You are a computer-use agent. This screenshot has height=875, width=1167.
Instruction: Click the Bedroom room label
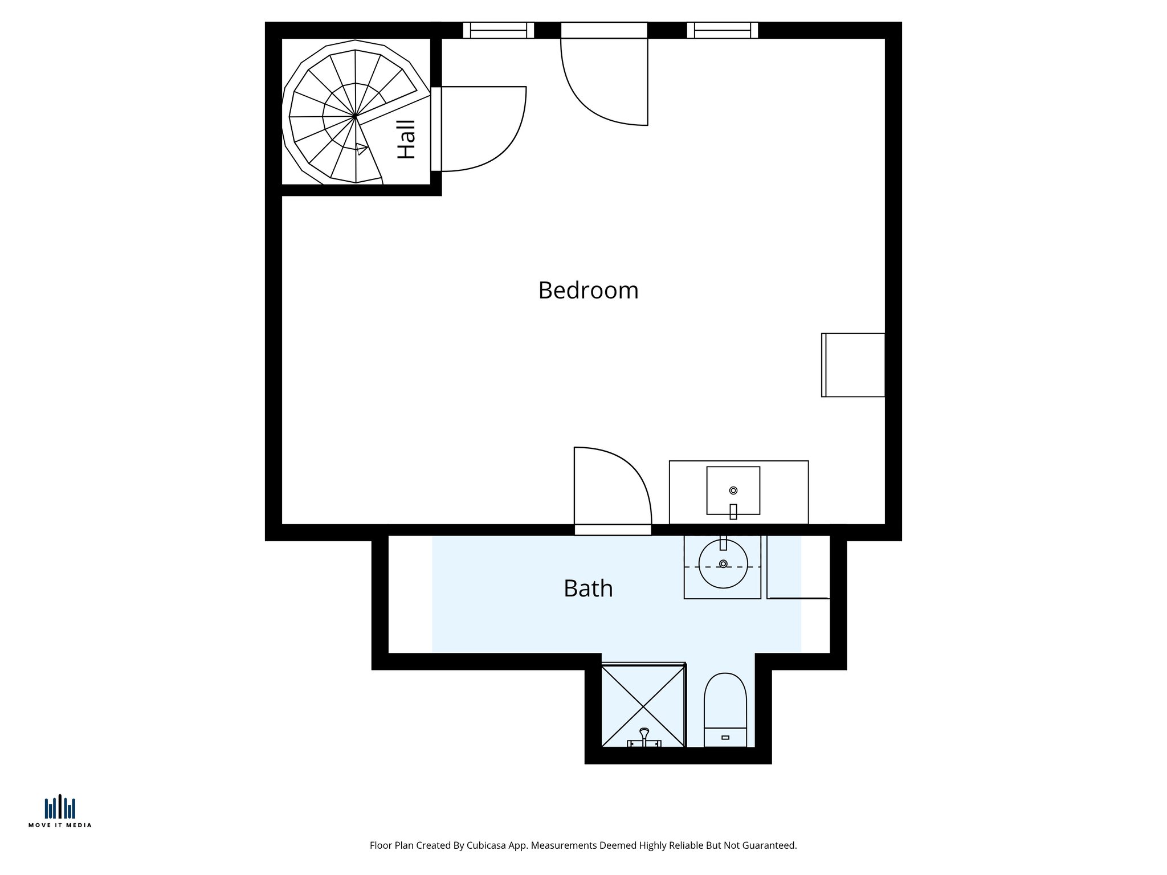[x=588, y=291]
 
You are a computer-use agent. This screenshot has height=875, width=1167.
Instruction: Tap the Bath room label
[x=588, y=588]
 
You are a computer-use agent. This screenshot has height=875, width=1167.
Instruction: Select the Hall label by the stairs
[x=406, y=139]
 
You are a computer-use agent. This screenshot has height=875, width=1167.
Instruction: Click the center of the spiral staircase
[x=355, y=116]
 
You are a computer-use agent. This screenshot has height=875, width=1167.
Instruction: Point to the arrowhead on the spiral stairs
[x=361, y=149]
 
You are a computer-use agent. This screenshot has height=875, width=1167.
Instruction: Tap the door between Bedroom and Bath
[x=613, y=530]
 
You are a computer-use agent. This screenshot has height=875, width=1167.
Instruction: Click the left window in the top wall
[x=498, y=30]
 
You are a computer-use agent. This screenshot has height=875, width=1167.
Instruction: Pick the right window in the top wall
[x=722, y=30]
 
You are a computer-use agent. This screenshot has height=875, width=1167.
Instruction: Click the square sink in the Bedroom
[x=733, y=490]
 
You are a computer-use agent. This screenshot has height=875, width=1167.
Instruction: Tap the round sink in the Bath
[x=723, y=564]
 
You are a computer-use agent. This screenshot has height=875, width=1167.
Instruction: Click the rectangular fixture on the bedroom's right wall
[x=853, y=365]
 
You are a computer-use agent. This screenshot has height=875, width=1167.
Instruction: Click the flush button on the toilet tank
[x=725, y=738]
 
